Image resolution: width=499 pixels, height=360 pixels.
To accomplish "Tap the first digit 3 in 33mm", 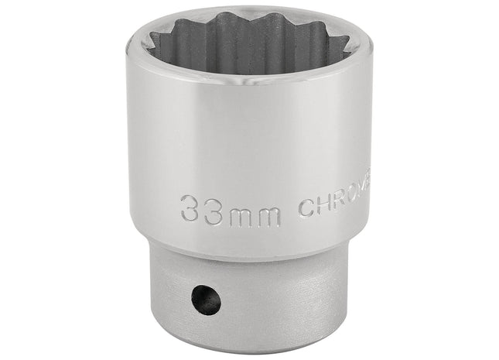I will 190,207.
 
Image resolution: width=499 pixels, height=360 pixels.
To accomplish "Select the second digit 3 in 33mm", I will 214,207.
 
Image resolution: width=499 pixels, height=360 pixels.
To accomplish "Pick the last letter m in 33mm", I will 267,210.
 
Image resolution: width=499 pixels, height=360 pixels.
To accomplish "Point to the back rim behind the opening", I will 248,17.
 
